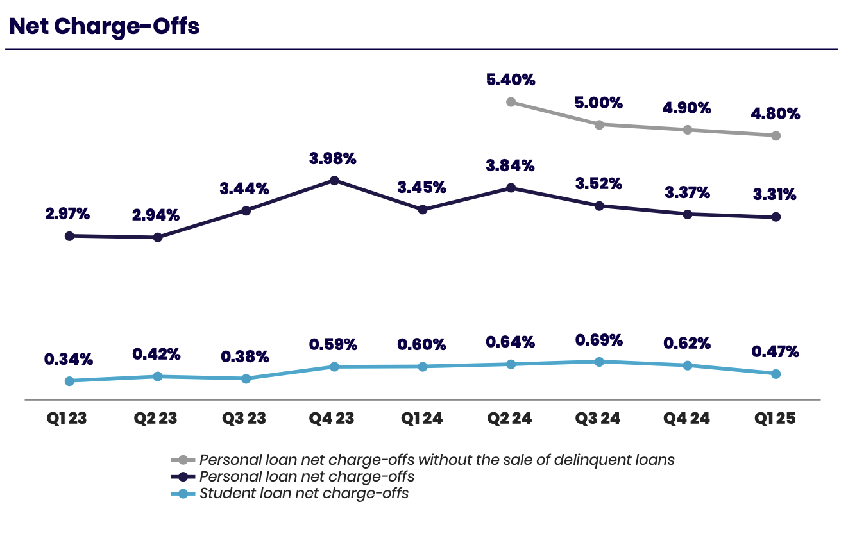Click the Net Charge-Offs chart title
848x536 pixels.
(x=104, y=26)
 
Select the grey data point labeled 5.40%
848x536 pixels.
(x=511, y=101)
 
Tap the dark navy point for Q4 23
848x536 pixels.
(x=334, y=180)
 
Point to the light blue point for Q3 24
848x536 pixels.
(x=599, y=362)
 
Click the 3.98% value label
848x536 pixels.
(x=334, y=158)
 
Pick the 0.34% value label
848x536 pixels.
(x=68, y=359)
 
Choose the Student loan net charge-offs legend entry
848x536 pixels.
(x=304, y=494)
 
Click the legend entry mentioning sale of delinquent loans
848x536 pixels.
(x=437, y=460)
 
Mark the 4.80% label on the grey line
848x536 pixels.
(x=775, y=114)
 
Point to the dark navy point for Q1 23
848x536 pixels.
(x=69, y=236)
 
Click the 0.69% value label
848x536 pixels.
(x=598, y=339)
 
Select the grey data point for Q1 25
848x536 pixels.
(x=776, y=135)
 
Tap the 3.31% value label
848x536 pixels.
(x=775, y=194)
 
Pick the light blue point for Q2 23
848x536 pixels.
(x=157, y=376)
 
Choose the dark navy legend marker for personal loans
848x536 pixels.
(x=183, y=477)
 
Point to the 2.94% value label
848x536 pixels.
(x=157, y=215)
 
